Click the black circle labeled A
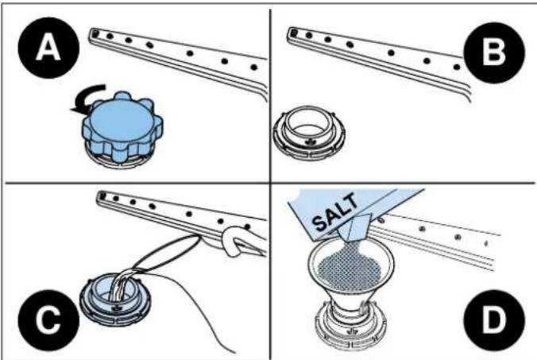coord(48,48)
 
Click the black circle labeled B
coord(493,52)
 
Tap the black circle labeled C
coord(48,320)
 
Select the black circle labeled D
coord(494,320)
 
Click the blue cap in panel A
coord(122,126)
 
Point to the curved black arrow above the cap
coord(90,96)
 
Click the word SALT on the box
coord(335,211)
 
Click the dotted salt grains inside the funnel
coord(350,265)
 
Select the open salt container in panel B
coord(309,133)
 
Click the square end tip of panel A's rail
coord(95,33)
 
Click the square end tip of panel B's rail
coord(293,32)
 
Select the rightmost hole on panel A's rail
coord(253,67)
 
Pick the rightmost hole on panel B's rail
coord(457,67)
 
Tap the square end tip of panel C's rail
coord(102,196)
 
